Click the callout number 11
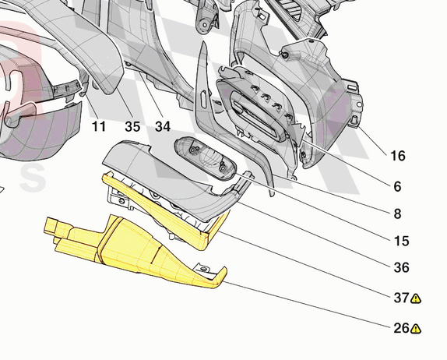[x=99, y=126]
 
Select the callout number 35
[x=132, y=126]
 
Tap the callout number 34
[x=163, y=126]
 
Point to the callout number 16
[x=398, y=156]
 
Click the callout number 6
[x=397, y=186]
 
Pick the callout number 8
[x=397, y=214]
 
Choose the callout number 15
[x=401, y=241]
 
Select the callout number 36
[x=401, y=267]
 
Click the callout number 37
[x=401, y=298]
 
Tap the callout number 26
[x=401, y=328]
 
